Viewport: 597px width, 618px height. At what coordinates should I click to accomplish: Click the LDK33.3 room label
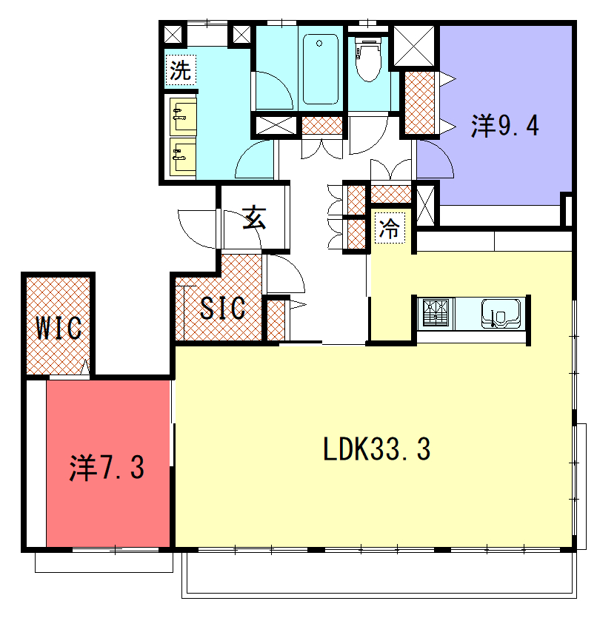click(x=376, y=449)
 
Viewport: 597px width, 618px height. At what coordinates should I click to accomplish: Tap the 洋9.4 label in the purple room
click(x=505, y=126)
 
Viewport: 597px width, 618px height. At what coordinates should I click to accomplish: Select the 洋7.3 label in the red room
click(x=107, y=468)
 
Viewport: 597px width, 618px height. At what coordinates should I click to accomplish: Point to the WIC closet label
click(x=59, y=328)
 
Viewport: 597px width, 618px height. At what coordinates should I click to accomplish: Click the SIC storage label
click(x=223, y=308)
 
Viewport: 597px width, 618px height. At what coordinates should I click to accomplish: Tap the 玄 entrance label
click(x=254, y=217)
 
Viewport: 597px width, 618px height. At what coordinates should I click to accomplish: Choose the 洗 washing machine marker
click(x=181, y=70)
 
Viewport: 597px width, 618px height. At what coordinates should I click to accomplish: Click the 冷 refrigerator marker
click(x=389, y=228)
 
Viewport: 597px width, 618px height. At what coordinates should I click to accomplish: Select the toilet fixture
click(x=368, y=58)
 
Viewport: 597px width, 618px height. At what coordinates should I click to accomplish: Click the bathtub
click(x=321, y=69)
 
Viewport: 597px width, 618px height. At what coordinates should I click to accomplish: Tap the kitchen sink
click(x=501, y=314)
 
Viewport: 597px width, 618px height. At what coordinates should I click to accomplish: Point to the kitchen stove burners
click(x=436, y=313)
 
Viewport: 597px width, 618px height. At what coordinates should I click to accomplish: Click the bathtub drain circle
click(x=319, y=44)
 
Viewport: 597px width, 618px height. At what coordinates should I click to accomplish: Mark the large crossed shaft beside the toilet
click(x=414, y=46)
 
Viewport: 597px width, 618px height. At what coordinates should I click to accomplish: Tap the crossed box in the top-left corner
click(x=173, y=34)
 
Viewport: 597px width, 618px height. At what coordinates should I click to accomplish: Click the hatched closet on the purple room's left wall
click(x=420, y=104)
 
